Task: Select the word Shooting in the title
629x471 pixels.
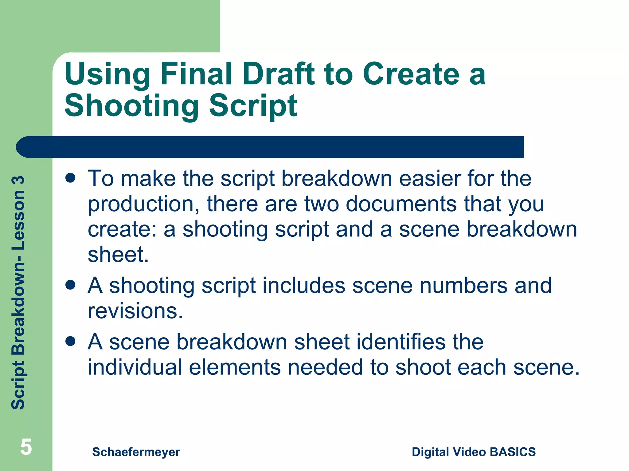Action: [132, 106]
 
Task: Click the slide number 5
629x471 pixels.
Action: [26, 447]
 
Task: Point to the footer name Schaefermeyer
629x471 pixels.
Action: [136, 452]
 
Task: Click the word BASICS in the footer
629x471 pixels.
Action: [513, 452]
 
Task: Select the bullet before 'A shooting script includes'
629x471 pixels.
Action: [70, 285]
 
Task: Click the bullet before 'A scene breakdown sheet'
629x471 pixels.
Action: [70, 341]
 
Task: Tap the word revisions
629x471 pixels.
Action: [135, 311]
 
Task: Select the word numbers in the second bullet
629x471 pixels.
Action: [463, 286]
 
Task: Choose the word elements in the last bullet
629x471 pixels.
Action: [235, 367]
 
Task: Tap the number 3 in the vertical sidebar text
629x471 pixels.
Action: [18, 181]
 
